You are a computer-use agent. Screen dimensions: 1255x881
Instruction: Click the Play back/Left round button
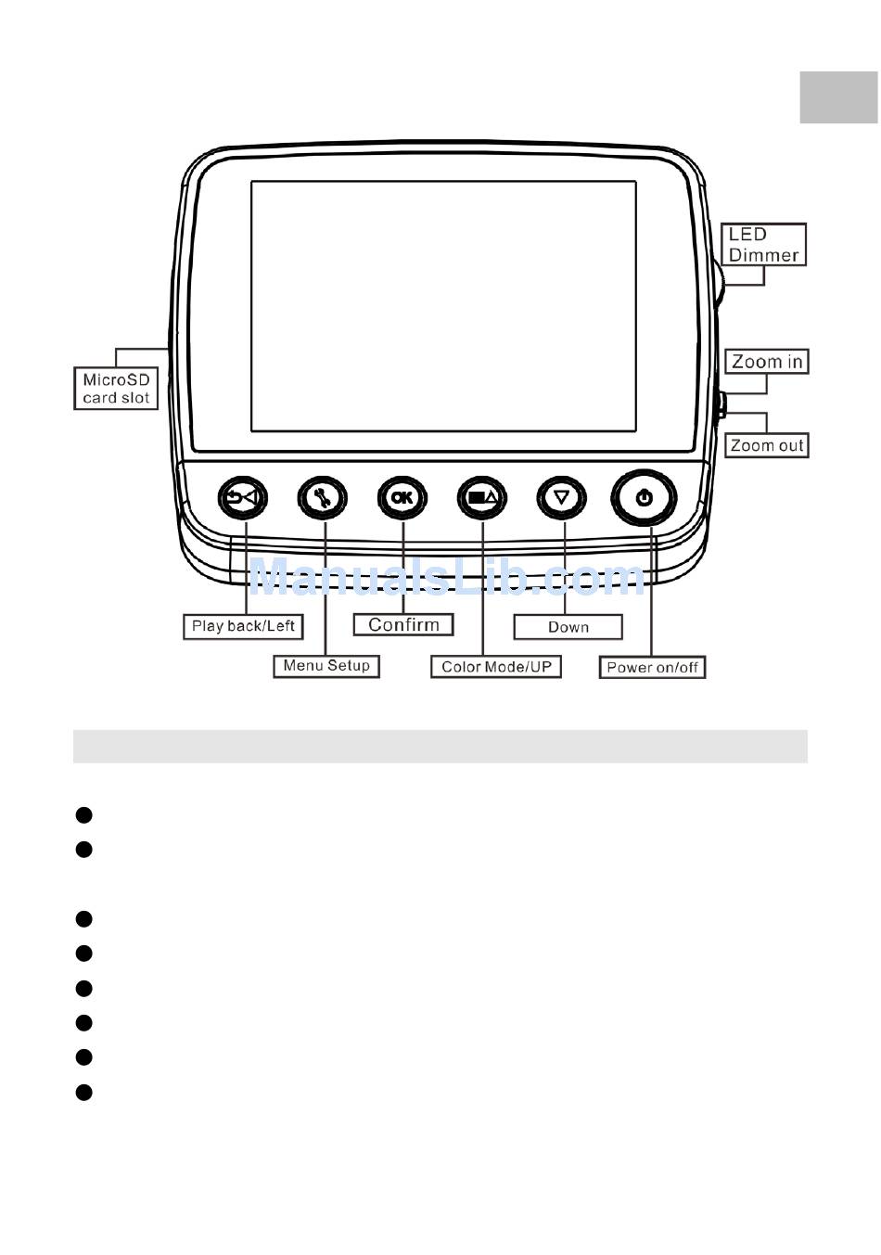pyautogui.click(x=243, y=498)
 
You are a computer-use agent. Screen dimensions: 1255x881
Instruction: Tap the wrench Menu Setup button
pyautogui.click(x=323, y=498)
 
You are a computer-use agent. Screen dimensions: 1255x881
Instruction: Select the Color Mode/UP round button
pyautogui.click(x=482, y=498)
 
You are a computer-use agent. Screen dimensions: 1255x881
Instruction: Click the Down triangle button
pyautogui.click(x=562, y=498)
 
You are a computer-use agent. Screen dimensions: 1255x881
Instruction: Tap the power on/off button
pyautogui.click(x=644, y=498)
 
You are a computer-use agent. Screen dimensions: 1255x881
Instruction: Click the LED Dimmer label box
pyautogui.click(x=763, y=245)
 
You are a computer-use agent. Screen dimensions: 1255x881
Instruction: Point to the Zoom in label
pyautogui.click(x=767, y=362)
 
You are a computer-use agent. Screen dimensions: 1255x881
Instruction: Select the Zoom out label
pyautogui.click(x=767, y=445)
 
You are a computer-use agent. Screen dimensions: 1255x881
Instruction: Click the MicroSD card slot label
pyautogui.click(x=116, y=389)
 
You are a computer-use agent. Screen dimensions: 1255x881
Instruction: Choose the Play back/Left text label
pyautogui.click(x=243, y=626)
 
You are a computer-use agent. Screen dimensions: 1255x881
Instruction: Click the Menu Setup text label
pyautogui.click(x=326, y=666)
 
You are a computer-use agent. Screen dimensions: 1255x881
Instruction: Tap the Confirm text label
pyautogui.click(x=403, y=625)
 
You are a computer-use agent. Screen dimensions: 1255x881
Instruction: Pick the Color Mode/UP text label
pyautogui.click(x=496, y=667)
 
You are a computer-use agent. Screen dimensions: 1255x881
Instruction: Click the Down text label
pyautogui.click(x=568, y=627)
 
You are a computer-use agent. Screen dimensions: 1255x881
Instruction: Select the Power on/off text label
pyautogui.click(x=653, y=667)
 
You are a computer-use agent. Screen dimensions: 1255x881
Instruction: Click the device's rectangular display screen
pyautogui.click(x=443, y=306)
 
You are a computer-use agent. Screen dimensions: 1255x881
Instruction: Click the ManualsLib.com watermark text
pyautogui.click(x=446, y=577)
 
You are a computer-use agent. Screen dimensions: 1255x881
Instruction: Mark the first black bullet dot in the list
pyautogui.click(x=83, y=815)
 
